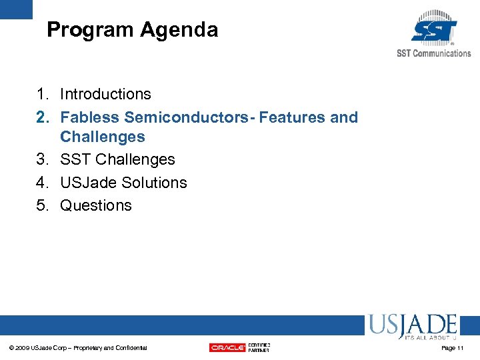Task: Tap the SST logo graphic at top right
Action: pyautogui.click(x=434, y=28)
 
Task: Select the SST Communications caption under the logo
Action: pyautogui.click(x=433, y=53)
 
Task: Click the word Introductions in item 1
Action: pyautogui.click(x=105, y=95)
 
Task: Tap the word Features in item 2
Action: pyautogui.click(x=291, y=117)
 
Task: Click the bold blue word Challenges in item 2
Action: pyautogui.click(x=102, y=137)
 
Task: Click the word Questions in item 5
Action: pyautogui.click(x=96, y=205)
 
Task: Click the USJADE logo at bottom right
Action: pyautogui.click(x=412, y=327)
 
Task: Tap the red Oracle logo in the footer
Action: pyautogui.click(x=227, y=347)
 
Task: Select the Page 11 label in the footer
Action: pyautogui.click(x=452, y=348)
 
